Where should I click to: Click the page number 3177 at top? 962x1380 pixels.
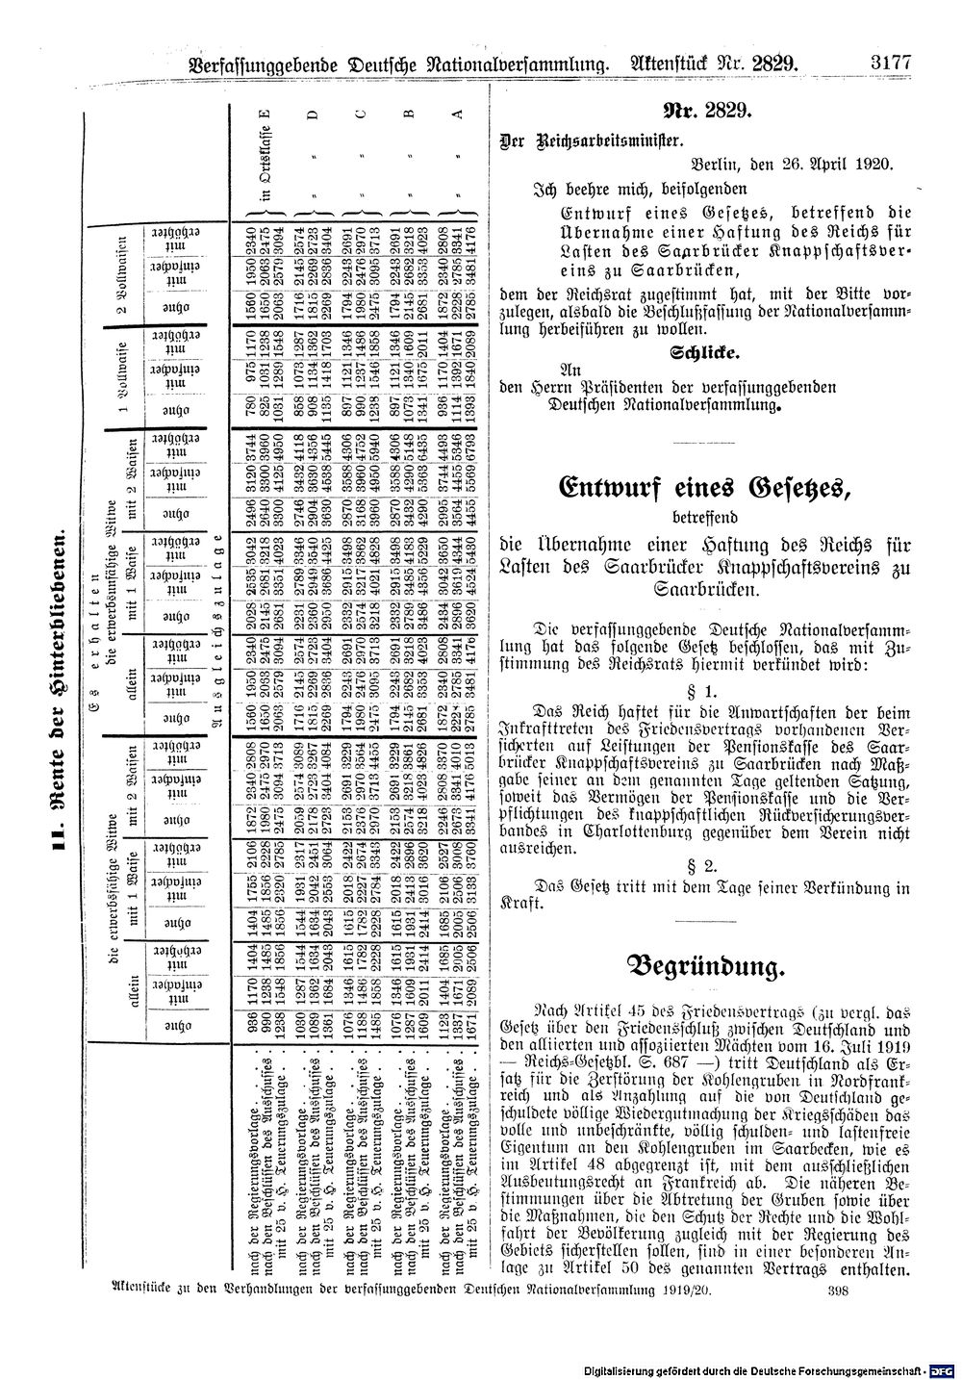[890, 65]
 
